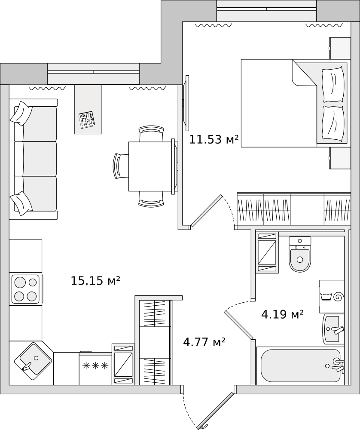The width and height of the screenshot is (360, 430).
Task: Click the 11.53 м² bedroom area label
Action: [x=214, y=140]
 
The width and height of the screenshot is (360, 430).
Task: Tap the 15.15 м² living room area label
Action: [x=96, y=280]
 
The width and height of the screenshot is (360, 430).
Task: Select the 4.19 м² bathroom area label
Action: [x=283, y=314]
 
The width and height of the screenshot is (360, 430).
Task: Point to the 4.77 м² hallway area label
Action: [x=204, y=342]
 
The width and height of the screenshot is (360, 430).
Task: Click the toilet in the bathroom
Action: [x=300, y=255]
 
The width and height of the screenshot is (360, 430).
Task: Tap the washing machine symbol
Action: [x=332, y=296]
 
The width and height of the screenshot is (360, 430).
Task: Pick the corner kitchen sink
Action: [x=33, y=361]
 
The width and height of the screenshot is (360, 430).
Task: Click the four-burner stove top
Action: [x=25, y=289]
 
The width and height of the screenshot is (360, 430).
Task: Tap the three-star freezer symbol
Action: [x=96, y=365]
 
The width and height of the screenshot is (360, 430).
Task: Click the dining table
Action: [x=150, y=166]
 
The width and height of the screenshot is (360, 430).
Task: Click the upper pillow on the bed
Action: [x=333, y=85]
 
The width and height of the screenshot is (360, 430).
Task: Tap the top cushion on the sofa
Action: [x=21, y=113]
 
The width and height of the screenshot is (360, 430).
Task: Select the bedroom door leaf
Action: [x=207, y=211]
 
